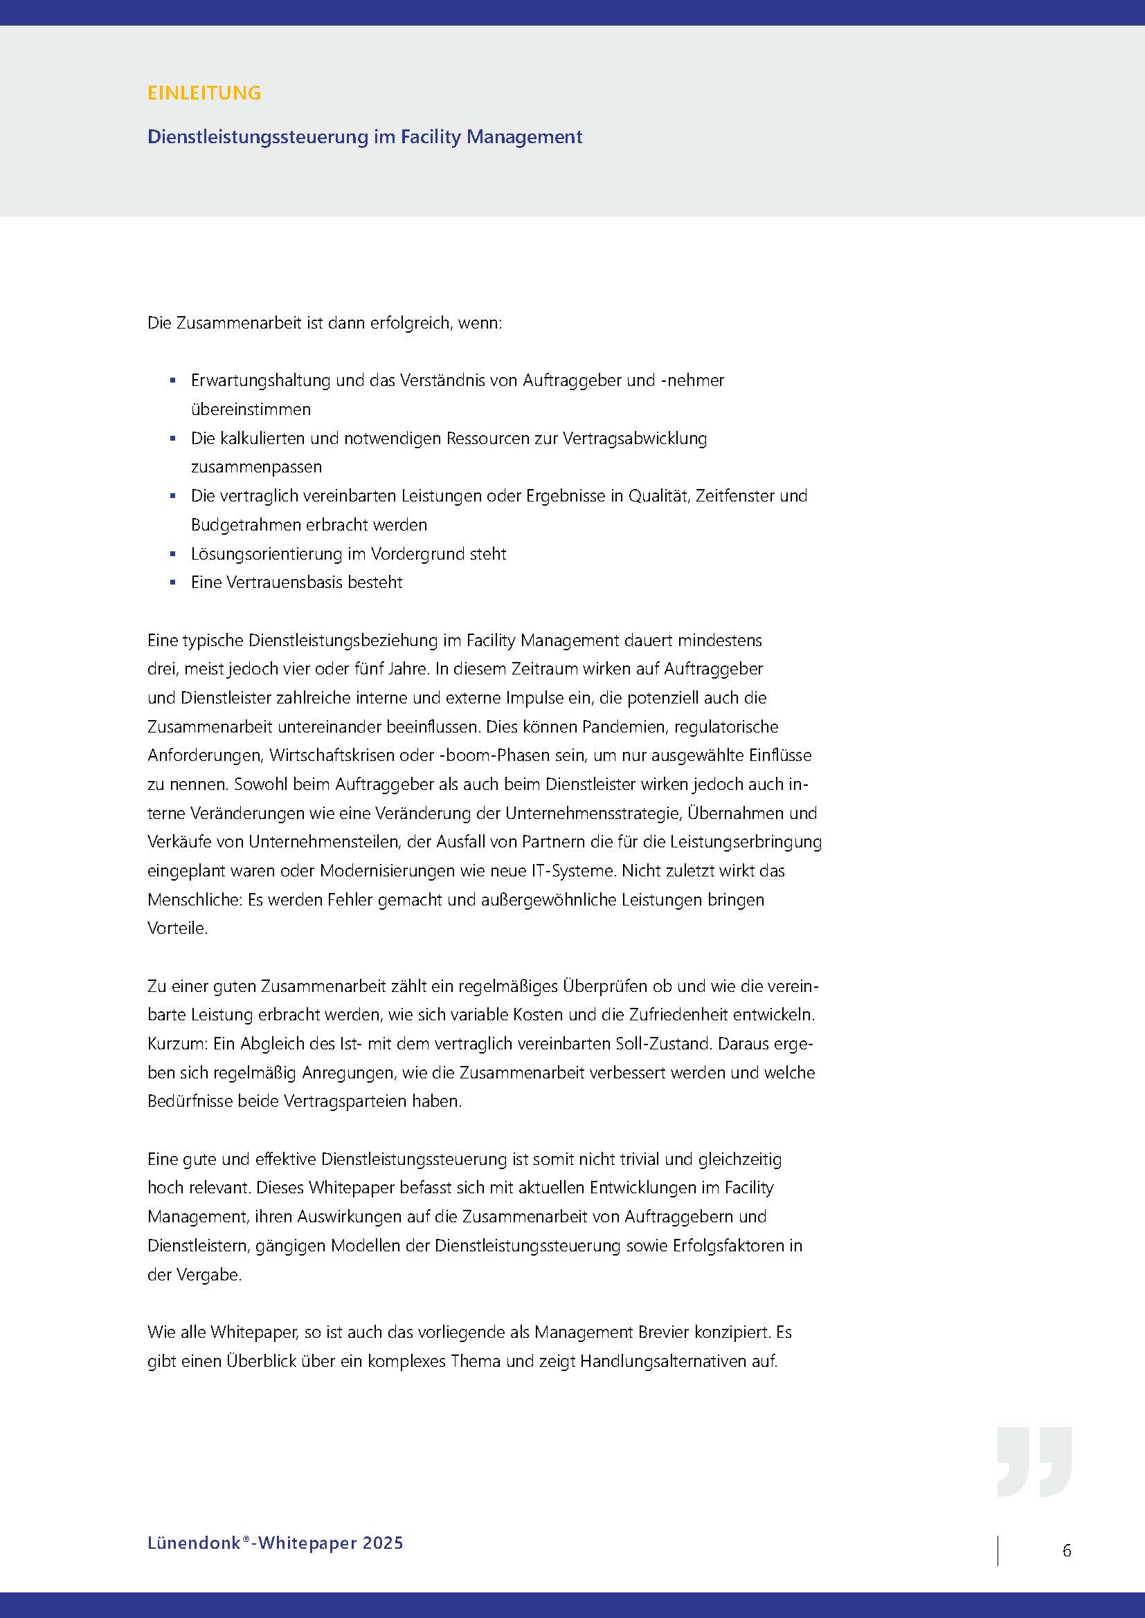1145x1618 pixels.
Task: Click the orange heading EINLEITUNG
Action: tap(204, 93)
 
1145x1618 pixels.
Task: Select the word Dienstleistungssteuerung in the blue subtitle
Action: tap(258, 137)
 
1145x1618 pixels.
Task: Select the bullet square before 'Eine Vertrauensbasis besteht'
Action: tap(173, 582)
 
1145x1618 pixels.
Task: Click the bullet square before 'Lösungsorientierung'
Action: tap(173, 554)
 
